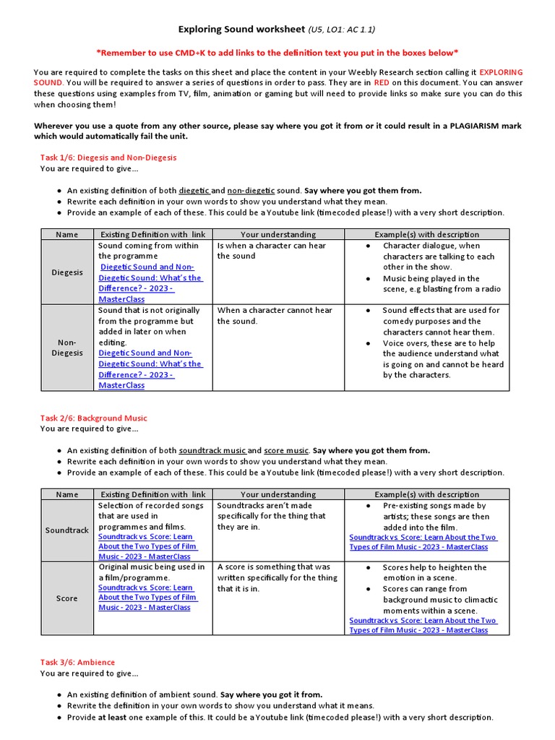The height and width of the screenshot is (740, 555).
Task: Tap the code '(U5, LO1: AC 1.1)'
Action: [342, 30]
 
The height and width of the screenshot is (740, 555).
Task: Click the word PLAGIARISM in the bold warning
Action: [463, 126]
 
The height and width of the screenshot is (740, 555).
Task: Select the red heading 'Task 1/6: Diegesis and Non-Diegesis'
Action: [108, 157]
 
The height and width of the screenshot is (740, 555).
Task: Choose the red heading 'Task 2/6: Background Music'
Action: [93, 418]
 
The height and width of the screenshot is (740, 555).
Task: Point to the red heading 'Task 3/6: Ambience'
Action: [77, 662]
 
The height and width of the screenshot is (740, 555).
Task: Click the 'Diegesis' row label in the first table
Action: [66, 272]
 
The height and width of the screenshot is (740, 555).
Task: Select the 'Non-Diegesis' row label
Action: [66, 348]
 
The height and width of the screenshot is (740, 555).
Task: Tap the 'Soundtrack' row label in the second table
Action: [66, 530]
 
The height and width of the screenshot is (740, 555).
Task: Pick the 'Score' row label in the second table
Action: [66, 598]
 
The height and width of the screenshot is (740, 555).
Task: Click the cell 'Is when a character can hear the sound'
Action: [272, 251]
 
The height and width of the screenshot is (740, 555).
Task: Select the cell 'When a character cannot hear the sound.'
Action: [275, 316]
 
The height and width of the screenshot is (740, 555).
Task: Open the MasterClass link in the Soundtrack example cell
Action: [423, 542]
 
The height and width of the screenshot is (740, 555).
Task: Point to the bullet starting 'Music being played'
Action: [441, 283]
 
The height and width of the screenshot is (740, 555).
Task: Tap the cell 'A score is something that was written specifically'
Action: [277, 578]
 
